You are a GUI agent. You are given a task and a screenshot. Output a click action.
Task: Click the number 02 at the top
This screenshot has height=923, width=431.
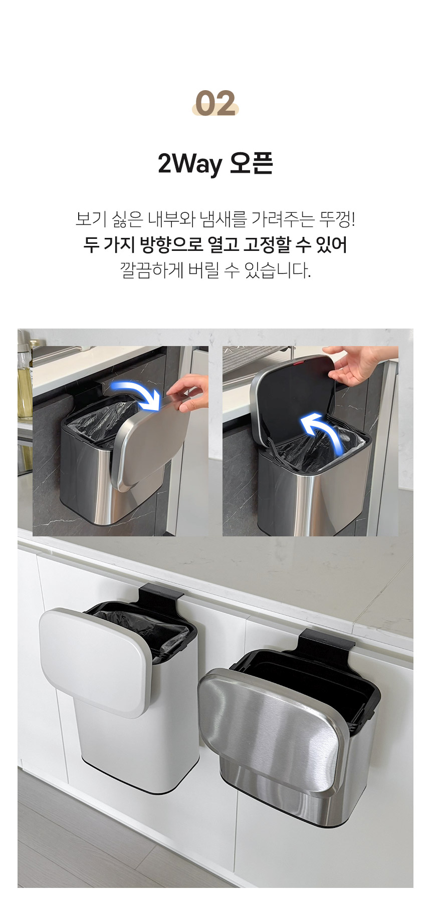coord(215,103)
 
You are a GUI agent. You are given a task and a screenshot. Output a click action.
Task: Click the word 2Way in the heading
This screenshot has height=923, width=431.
coord(190,164)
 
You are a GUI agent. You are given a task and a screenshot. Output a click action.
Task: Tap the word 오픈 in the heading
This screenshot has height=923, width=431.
coord(251,163)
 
